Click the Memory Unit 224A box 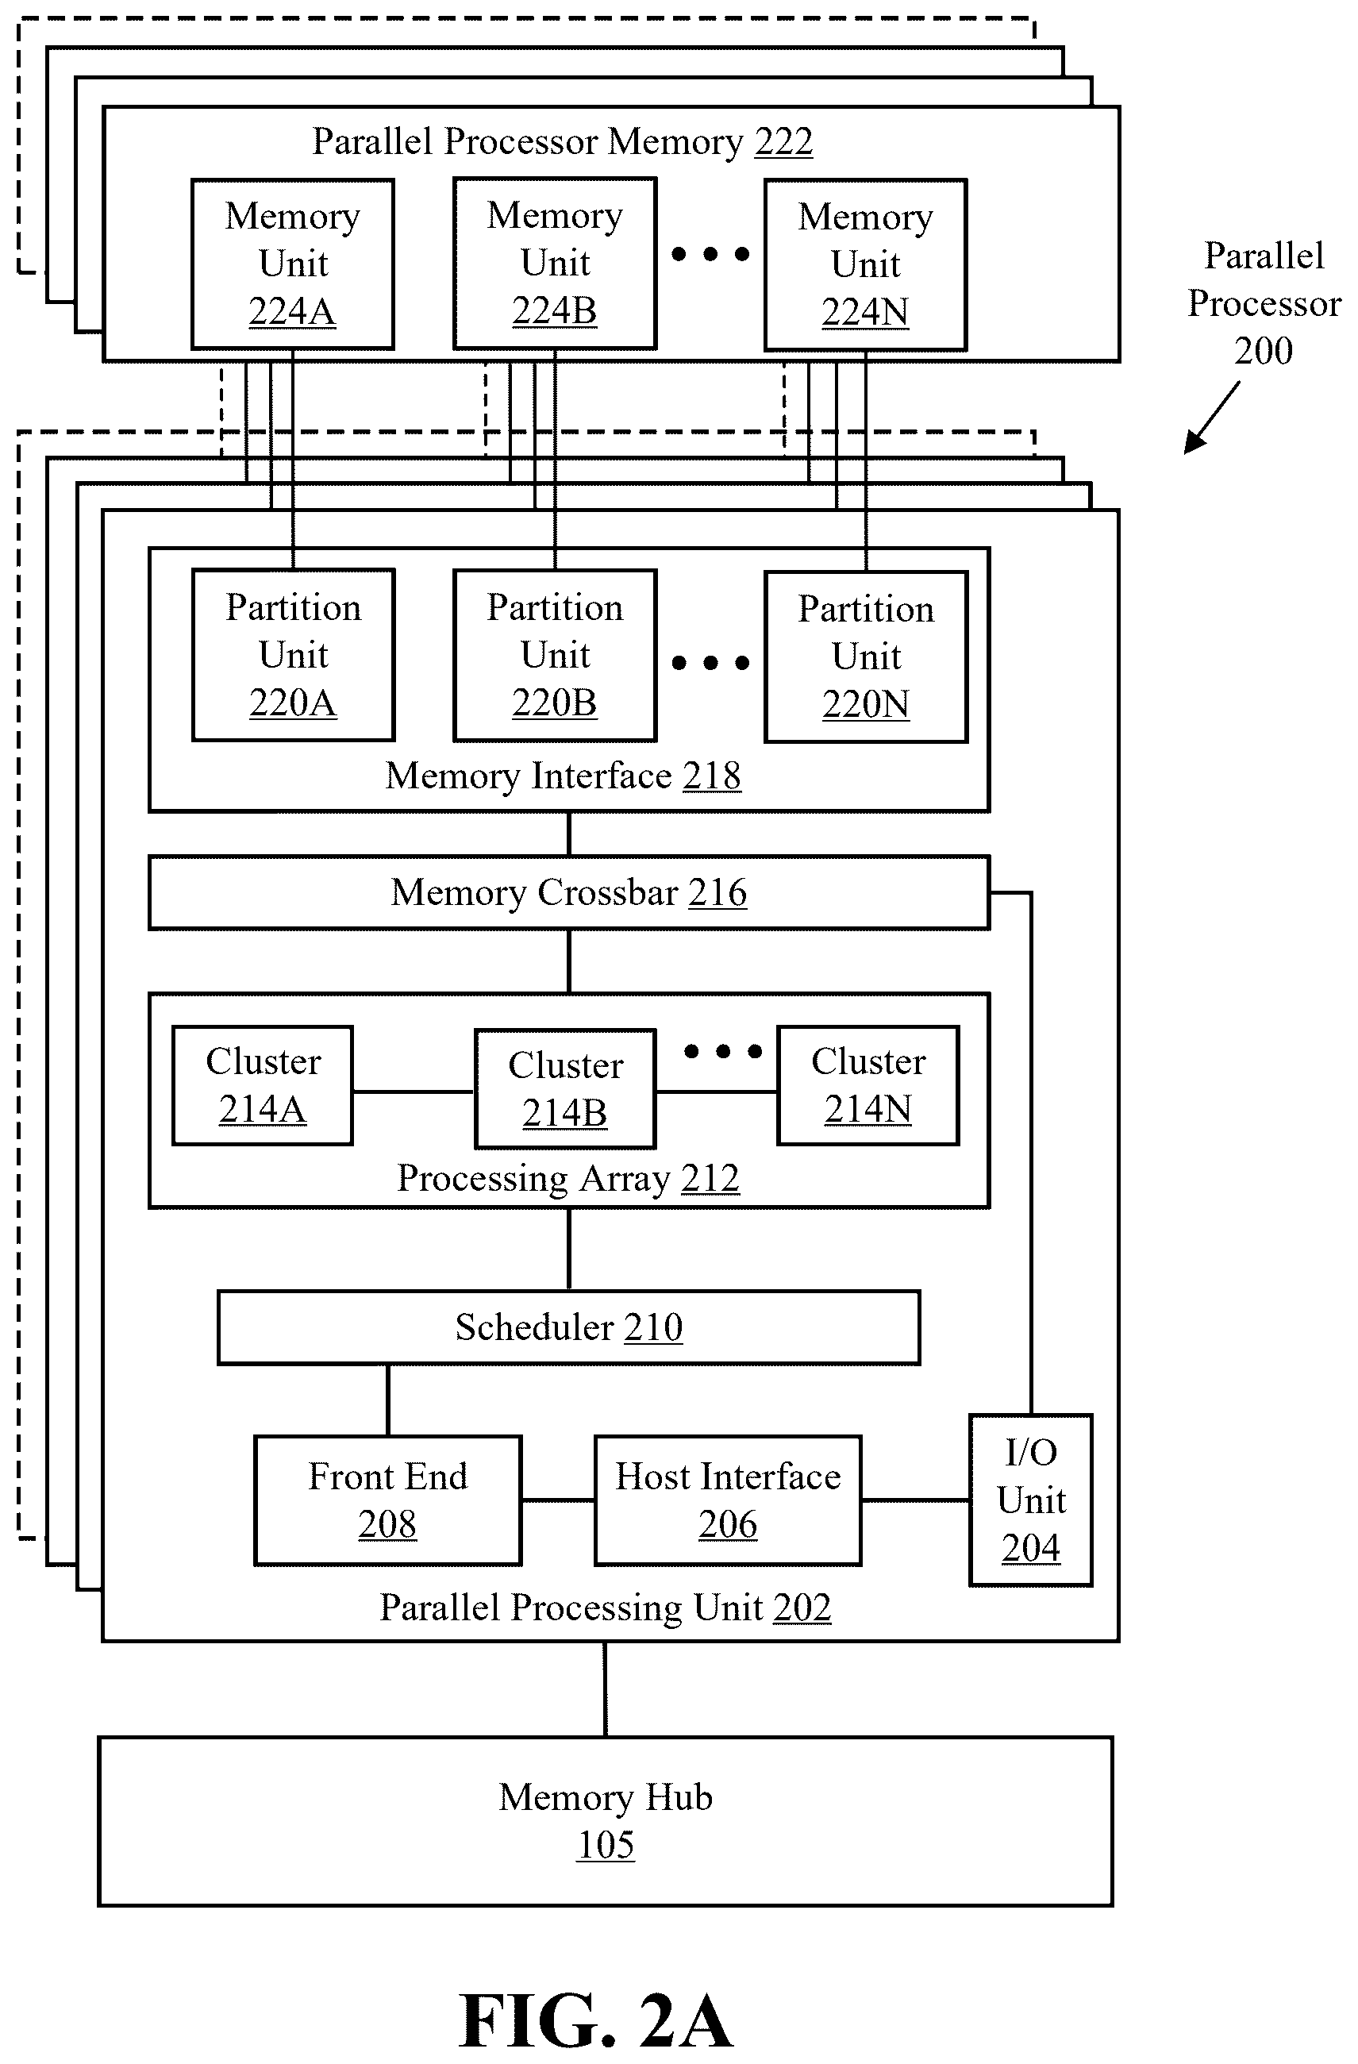[x=293, y=264]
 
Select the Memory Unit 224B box [x=555, y=264]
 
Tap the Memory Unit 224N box [x=865, y=264]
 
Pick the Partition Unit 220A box [x=293, y=655]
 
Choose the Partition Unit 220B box [x=555, y=656]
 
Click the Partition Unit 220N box [x=865, y=657]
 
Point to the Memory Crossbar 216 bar [x=569, y=892]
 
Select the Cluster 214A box [x=263, y=1085]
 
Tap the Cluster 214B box [x=565, y=1088]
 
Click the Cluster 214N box [x=868, y=1085]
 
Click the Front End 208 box [x=387, y=1500]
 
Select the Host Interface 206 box [x=728, y=1500]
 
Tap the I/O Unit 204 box [x=1031, y=1500]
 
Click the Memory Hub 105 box [x=606, y=1821]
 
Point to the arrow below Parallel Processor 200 [x=1211, y=418]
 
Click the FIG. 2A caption [x=597, y=2020]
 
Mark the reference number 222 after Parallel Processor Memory [x=784, y=141]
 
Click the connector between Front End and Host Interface [x=558, y=1500]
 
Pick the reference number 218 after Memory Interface [x=712, y=776]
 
